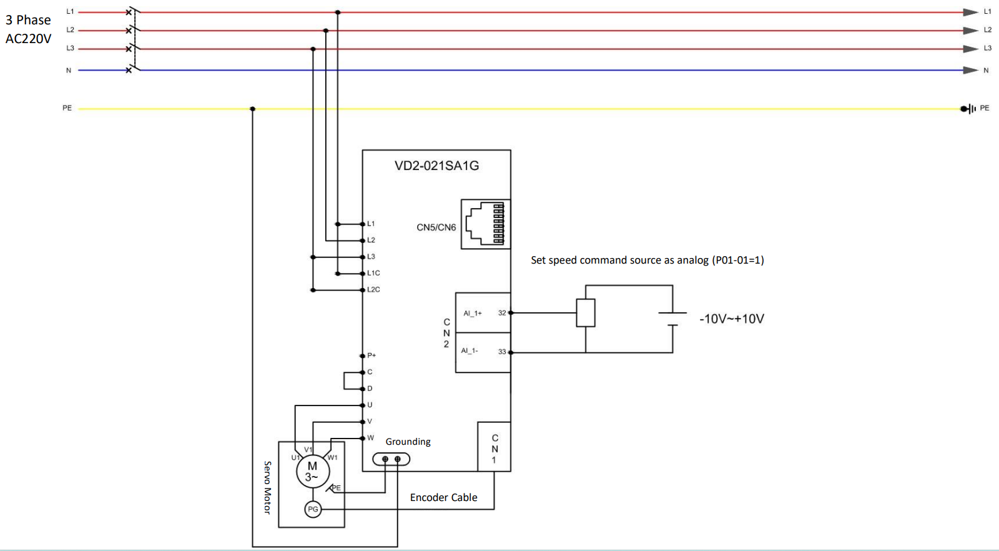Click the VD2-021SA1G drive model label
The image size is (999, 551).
436,166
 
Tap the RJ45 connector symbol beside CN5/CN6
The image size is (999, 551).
485,224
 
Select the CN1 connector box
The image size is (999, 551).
494,447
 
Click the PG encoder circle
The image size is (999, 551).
313,509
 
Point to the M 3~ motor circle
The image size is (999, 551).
313,471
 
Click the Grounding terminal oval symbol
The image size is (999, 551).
391,459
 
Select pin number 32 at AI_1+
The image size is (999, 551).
502,313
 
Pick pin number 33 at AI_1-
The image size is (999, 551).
502,352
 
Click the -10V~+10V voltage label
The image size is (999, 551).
732,319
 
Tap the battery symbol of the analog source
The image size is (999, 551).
672,319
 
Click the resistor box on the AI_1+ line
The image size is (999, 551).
586,313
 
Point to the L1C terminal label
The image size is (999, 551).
374,273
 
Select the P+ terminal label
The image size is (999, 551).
372,355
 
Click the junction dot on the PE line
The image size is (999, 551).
252,109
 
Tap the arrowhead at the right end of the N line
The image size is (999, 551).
970,70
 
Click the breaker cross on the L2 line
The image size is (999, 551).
129,31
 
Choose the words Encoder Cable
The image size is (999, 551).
444,497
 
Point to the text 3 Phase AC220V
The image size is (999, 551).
28,29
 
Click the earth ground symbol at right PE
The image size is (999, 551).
968,109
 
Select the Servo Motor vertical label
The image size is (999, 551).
268,488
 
